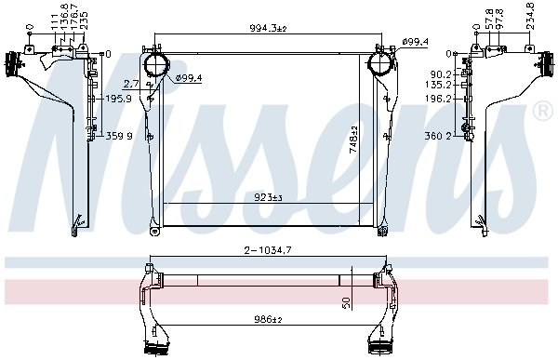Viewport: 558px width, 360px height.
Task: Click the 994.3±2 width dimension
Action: coord(268,28)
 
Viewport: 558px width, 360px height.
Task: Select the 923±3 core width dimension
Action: coord(268,197)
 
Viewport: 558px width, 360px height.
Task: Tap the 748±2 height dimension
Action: coord(353,140)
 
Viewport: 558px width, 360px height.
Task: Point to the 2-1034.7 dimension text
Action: coord(268,250)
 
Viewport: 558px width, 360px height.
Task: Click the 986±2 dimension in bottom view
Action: coord(268,319)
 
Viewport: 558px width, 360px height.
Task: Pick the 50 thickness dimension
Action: coord(347,302)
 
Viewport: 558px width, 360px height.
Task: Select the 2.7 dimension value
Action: coord(131,85)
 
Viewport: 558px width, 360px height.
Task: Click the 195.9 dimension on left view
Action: coord(119,99)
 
